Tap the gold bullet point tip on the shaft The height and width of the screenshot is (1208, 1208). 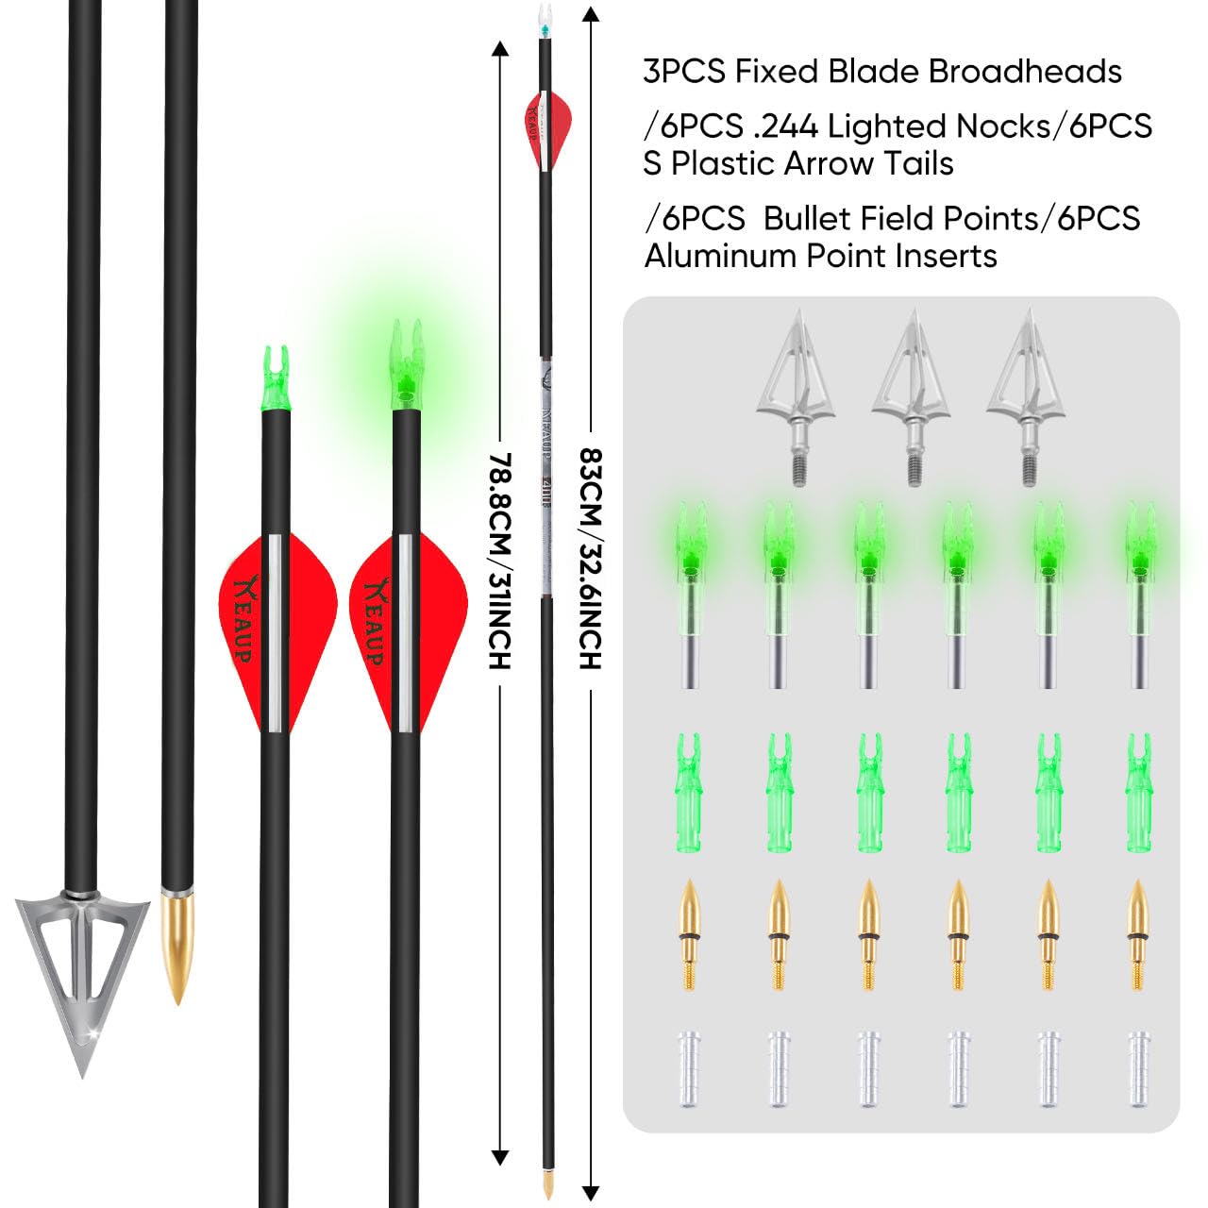[176, 944]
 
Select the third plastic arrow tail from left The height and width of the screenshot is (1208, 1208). [870, 793]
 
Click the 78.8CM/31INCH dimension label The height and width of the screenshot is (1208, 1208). [500, 562]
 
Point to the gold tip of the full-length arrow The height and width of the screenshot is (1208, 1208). [547, 1184]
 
